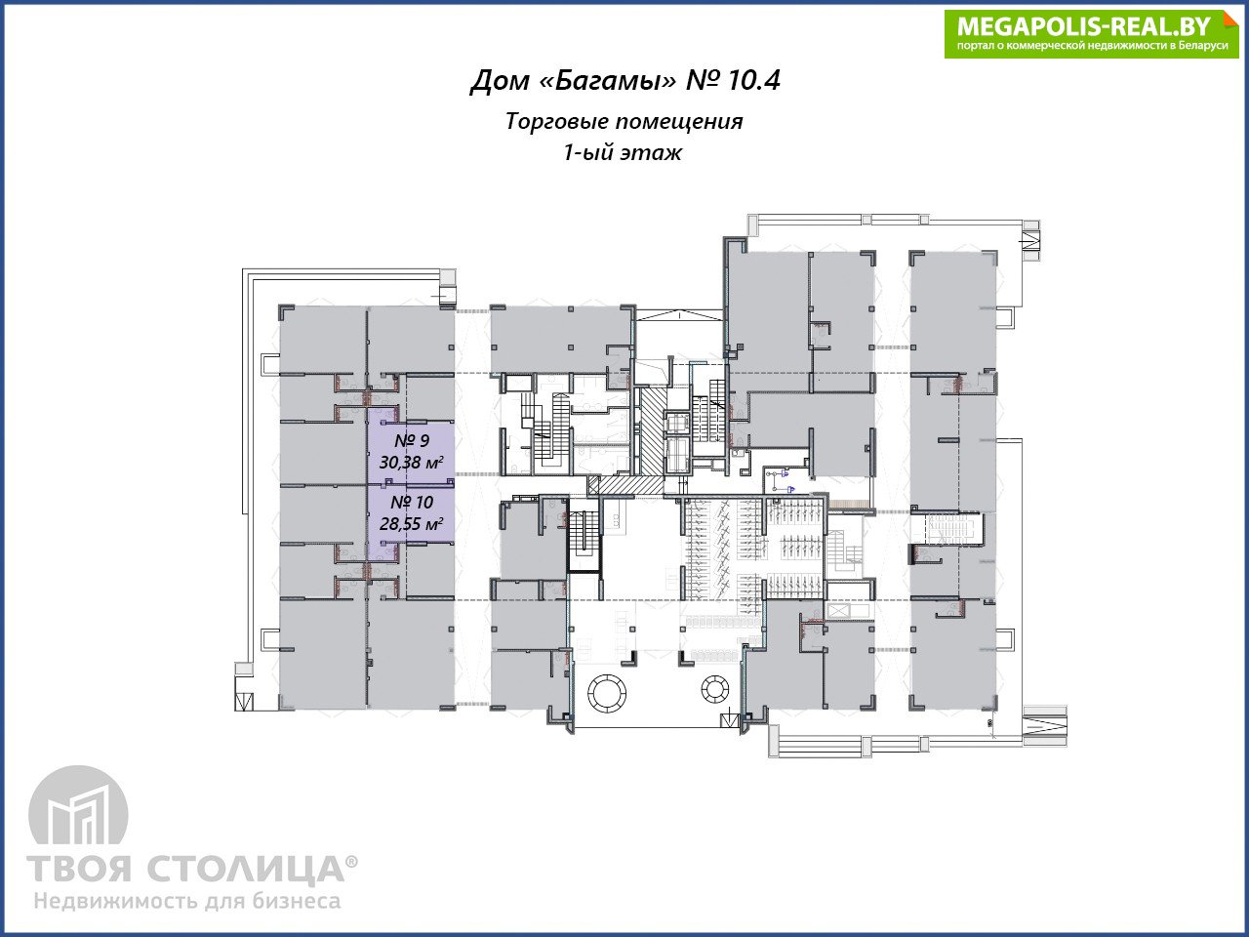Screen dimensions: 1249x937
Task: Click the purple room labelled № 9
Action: click(x=411, y=453)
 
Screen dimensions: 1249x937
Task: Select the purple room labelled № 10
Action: click(x=411, y=513)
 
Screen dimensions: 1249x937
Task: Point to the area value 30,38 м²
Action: click(x=412, y=463)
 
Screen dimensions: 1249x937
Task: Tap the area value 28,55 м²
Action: click(x=412, y=523)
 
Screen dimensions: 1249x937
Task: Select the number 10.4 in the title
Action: click(x=754, y=80)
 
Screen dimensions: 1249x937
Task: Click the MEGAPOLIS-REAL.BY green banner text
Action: click(x=1083, y=26)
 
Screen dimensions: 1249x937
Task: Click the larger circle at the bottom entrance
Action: click(x=607, y=691)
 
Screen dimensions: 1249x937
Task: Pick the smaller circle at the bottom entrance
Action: click(x=714, y=689)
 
